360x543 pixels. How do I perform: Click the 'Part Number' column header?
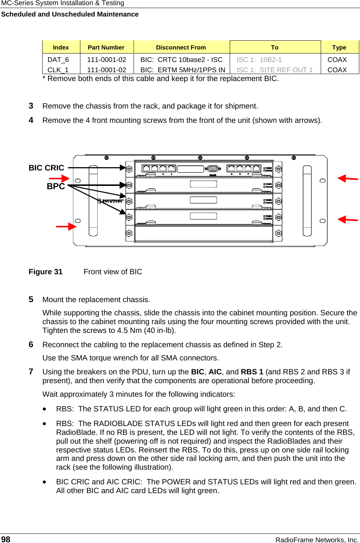pyautogui.click(x=106, y=47)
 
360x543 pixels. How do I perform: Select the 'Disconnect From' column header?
pyautogui.click(x=181, y=47)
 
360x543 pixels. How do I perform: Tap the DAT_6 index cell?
pyautogui.click(x=58, y=60)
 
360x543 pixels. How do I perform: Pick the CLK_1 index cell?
pyautogui.click(x=58, y=70)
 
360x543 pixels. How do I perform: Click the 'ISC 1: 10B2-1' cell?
pyautogui.click(x=259, y=60)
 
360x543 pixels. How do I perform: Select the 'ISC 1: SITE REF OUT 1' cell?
pyautogui.click(x=274, y=70)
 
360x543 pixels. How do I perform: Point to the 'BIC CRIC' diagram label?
pyautogui.click(x=46, y=168)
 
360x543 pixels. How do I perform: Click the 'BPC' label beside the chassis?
pyautogui.click(x=56, y=186)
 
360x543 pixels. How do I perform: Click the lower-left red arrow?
pyautogui.click(x=66, y=226)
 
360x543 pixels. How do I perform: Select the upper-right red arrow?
pyautogui.click(x=347, y=179)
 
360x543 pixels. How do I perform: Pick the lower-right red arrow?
pyautogui.click(x=347, y=220)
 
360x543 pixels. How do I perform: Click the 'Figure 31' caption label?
pyautogui.click(x=46, y=272)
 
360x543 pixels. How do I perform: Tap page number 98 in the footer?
pyautogui.click(x=6, y=539)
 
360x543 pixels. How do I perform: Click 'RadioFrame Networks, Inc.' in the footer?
pyautogui.click(x=317, y=540)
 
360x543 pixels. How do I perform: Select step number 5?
pyautogui.click(x=31, y=300)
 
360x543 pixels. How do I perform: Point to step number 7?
pyautogui.click(x=31, y=372)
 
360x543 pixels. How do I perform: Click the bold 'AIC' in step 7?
pyautogui.click(x=215, y=372)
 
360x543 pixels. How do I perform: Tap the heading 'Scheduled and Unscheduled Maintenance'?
pyautogui.click(x=70, y=14)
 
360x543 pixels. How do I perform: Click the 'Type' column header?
pyautogui.click(x=339, y=47)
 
